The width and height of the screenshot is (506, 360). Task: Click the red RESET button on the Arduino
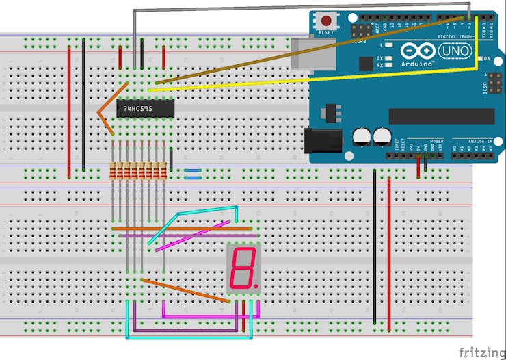pos(327,21)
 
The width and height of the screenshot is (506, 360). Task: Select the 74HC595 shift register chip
pos(146,109)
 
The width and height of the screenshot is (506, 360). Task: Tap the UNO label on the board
pos(453,51)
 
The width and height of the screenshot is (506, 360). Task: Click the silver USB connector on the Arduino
pos(305,53)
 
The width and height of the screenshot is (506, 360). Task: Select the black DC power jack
pos(323,140)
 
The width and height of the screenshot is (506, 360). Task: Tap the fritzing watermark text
pos(481,352)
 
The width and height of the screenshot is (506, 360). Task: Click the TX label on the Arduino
pos(380,59)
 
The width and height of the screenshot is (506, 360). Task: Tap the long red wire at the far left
pos(69,110)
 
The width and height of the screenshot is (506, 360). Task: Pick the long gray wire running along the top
pos(301,10)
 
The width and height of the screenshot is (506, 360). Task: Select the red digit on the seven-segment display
pos(243,268)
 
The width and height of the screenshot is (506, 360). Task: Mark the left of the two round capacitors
pos(362,137)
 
